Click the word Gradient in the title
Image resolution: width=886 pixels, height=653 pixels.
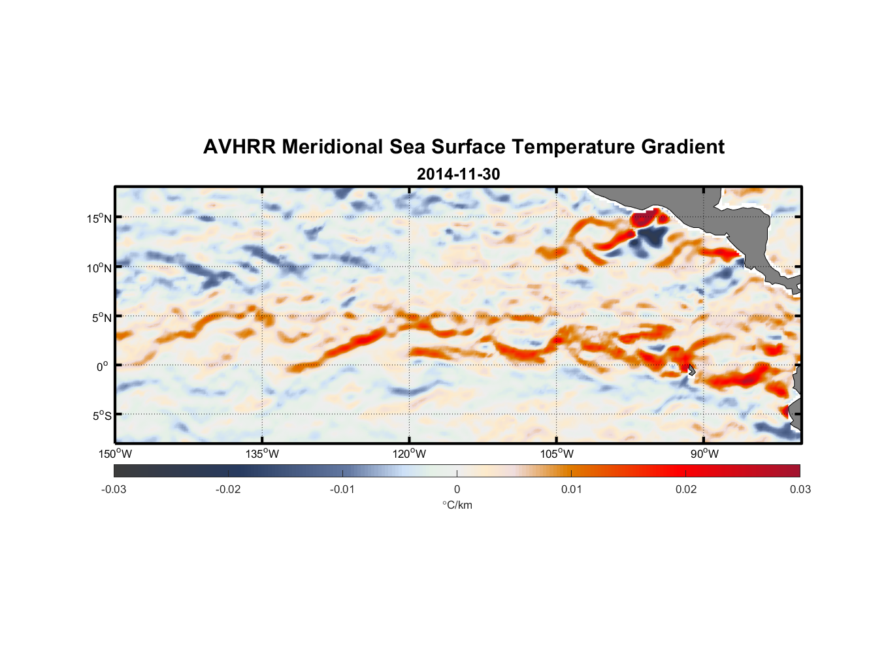point(682,147)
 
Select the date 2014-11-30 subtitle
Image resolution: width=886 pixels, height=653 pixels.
point(458,174)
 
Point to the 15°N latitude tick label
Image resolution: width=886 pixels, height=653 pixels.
point(99,218)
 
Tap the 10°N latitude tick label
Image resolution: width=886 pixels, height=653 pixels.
point(99,268)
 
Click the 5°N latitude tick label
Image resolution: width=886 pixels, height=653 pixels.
point(101,317)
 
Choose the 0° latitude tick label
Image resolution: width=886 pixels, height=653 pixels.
point(103,366)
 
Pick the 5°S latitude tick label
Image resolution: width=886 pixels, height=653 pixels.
point(101,415)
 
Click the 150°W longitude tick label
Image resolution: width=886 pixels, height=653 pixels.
point(115,454)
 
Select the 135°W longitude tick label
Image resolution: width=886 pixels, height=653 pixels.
point(263,454)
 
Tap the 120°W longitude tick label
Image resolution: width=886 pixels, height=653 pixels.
point(410,454)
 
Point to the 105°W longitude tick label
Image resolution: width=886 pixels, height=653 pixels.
point(557,454)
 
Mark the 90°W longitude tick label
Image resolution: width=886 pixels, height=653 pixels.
point(704,454)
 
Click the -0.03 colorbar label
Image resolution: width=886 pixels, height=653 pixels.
point(114,489)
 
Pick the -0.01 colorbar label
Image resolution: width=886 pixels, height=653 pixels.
point(342,489)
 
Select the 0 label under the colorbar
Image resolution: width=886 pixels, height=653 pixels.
point(457,489)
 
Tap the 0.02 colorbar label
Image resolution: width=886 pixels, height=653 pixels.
point(686,489)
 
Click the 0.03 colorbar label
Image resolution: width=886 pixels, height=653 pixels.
point(800,489)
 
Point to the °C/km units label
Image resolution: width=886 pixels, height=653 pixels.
point(457,505)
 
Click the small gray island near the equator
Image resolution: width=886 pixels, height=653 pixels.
point(691,370)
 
